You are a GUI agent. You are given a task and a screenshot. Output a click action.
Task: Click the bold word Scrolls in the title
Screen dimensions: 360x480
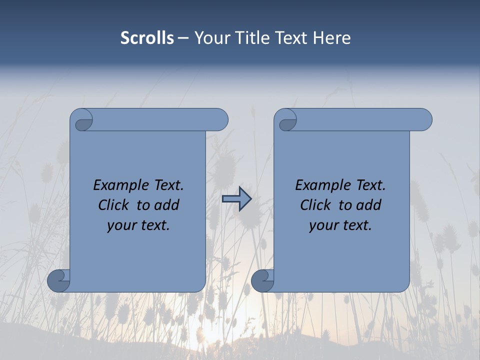tap(147, 38)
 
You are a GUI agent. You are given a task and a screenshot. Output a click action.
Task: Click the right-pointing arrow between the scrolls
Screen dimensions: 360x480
tap(236, 199)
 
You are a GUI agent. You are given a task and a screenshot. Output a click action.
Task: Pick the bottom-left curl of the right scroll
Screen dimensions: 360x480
tap(262, 280)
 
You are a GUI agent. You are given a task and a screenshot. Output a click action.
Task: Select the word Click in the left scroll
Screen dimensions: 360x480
tap(113, 205)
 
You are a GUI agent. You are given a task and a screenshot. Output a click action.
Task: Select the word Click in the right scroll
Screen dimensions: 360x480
tap(315, 205)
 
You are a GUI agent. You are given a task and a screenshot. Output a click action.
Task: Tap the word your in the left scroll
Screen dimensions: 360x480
tap(120, 225)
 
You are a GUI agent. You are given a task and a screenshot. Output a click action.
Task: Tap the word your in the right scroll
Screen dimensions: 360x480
tap(322, 225)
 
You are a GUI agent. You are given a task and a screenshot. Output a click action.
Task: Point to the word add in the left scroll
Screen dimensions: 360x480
tap(167, 205)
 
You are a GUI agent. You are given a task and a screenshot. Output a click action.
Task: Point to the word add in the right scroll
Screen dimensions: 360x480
tap(369, 205)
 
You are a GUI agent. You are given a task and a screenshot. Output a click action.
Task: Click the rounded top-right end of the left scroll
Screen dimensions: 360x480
tap(220, 120)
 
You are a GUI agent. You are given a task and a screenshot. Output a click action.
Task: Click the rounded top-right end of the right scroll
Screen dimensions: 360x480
tap(424, 120)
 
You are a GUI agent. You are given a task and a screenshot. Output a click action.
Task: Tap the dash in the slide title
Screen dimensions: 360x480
tap(183, 38)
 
